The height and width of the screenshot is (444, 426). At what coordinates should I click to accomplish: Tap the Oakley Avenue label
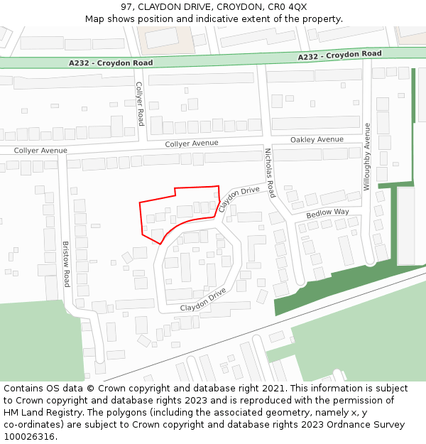coord(317,140)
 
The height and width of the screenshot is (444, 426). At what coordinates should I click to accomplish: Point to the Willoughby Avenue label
coord(367,156)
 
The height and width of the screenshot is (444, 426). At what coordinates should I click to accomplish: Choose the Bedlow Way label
coord(327,213)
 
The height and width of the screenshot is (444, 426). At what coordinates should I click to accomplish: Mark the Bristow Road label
coord(66,264)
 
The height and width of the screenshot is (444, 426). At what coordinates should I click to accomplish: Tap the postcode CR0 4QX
coord(288,7)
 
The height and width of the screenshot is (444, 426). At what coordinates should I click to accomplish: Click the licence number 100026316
coord(30,437)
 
